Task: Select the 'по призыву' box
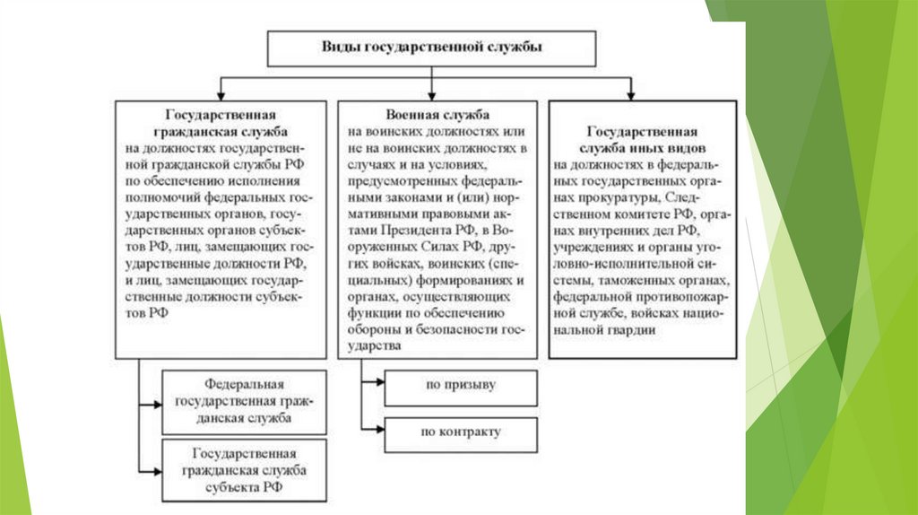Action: [x=461, y=387]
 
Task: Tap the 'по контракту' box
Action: [x=461, y=433]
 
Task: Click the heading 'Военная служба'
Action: [x=437, y=117]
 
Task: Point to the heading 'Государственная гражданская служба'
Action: [x=220, y=123]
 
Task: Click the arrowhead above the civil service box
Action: [x=221, y=94]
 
